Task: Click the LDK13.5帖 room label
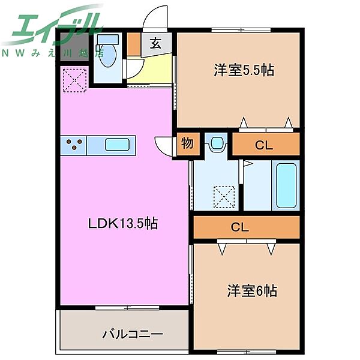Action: (x=123, y=224)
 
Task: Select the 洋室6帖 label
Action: (x=252, y=291)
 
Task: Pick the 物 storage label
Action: (x=187, y=144)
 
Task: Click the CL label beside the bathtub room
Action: (x=264, y=144)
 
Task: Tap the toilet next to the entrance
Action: (x=109, y=53)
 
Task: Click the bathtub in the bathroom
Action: (x=286, y=185)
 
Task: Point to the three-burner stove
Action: (x=74, y=145)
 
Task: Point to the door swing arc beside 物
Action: (x=164, y=146)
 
